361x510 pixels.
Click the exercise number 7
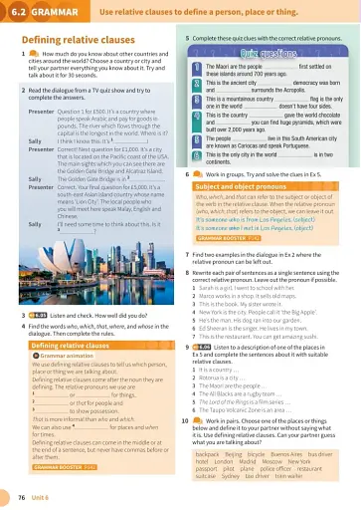(187, 227)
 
